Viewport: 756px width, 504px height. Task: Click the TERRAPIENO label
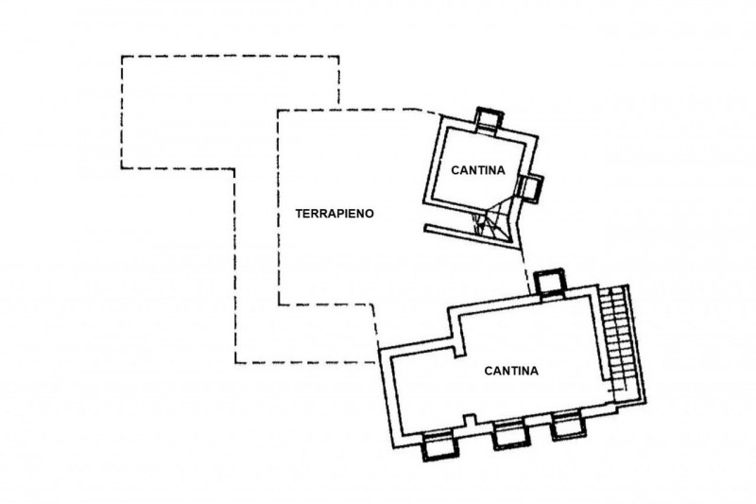335,214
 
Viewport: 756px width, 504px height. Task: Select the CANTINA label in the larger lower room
511,371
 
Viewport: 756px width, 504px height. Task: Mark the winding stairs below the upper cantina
492,223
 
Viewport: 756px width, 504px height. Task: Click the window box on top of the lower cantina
549,282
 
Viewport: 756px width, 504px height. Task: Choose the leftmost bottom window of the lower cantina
436,444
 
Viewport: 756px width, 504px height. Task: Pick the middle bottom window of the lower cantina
510,434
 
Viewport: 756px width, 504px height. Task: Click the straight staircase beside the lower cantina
620,340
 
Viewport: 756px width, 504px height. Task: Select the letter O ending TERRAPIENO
371,214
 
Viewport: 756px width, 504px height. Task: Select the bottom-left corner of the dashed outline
235,362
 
